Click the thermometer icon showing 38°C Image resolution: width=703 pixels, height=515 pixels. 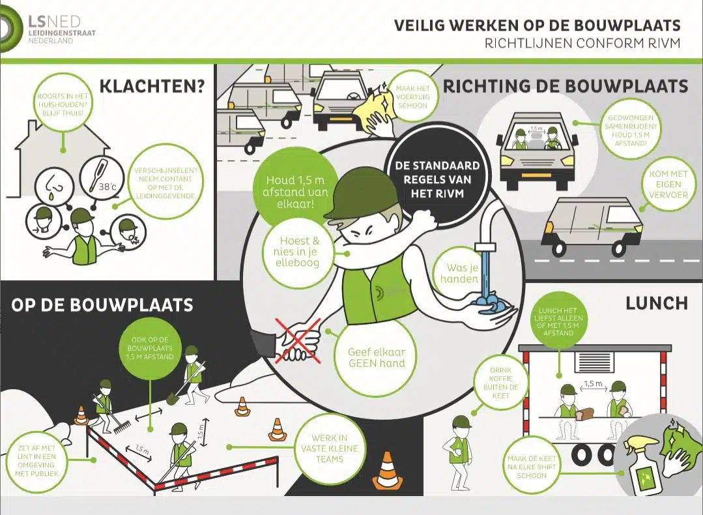(102, 177)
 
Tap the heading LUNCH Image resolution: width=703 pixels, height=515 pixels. (656, 302)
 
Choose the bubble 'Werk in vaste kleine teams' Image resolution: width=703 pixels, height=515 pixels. (328, 449)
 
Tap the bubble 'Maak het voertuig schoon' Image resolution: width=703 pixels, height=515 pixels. (412, 95)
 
